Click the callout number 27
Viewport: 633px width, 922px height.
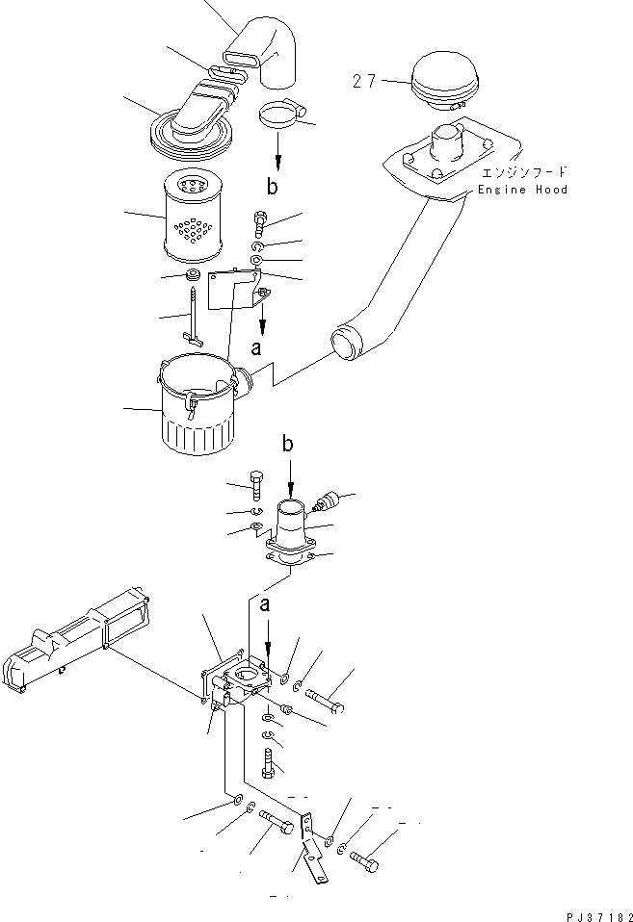pyautogui.click(x=363, y=82)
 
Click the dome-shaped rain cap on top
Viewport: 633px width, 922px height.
pyautogui.click(x=440, y=76)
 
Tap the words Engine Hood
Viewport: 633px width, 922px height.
pyautogui.click(x=523, y=190)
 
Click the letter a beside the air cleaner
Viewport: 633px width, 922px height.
pyautogui.click(x=255, y=350)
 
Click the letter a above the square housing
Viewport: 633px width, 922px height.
pyautogui.click(x=264, y=604)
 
